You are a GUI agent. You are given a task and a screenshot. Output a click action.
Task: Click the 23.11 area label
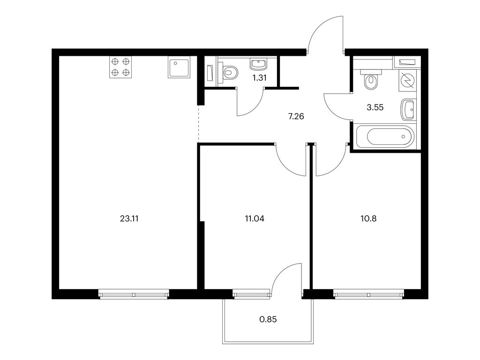coord(129,218)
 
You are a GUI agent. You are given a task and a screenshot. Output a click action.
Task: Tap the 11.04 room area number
coord(255,218)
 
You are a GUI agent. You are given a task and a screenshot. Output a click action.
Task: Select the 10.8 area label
coord(368,218)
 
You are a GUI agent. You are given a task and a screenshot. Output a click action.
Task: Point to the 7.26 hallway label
coord(296,116)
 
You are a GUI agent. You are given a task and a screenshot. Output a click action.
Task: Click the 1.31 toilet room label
coord(259,78)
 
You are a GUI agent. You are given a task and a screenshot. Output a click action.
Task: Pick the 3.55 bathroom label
coord(375,107)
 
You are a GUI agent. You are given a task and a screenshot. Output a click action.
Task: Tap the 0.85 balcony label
coord(268,319)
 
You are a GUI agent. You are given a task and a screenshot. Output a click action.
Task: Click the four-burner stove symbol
coord(120,67)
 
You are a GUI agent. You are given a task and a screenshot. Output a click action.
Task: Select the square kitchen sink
coord(179,67)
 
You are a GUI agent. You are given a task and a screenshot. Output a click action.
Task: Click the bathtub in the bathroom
coord(386,137)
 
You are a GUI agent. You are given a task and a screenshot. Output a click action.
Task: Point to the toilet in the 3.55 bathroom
coord(371,80)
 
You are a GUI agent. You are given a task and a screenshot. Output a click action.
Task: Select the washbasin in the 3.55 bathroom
coord(408,110)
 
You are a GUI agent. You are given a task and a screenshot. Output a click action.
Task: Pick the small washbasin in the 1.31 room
coord(259,64)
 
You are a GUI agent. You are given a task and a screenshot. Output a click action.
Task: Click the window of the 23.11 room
coord(134,294)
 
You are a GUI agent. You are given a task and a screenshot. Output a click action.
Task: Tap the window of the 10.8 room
coord(368,294)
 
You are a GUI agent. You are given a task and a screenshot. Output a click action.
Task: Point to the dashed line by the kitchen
coord(199,124)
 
